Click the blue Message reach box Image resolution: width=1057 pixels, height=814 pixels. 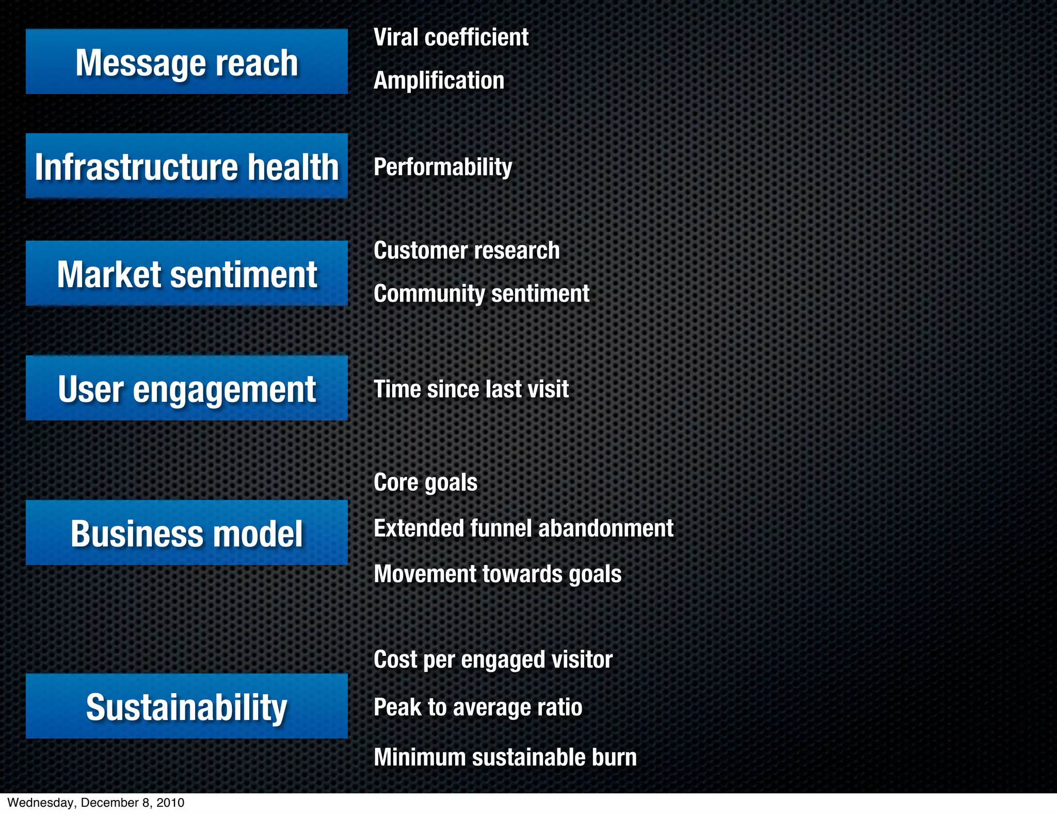tap(186, 62)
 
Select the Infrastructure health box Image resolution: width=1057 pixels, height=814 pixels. tap(186, 166)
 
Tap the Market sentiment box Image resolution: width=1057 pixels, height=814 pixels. tap(186, 274)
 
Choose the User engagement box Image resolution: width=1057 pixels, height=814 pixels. tap(186, 388)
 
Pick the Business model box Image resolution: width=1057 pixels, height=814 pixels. tap(186, 533)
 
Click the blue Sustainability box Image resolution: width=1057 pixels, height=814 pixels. tap(186, 707)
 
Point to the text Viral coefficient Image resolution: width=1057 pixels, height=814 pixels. tap(451, 37)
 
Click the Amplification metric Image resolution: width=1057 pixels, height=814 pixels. tap(439, 81)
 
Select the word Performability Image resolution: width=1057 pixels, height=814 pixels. tap(443, 167)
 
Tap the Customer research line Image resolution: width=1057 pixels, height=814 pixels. tap(467, 251)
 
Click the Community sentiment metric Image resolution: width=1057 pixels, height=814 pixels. tap(481, 293)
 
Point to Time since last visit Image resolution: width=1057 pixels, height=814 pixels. tap(471, 389)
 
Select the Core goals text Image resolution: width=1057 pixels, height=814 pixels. tap(425, 482)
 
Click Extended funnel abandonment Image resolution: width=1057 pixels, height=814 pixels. tap(523, 528)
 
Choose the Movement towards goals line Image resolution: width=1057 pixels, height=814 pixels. tap(498, 574)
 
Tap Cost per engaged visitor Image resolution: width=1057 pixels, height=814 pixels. tap(493, 660)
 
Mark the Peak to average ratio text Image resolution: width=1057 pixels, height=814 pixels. tap(478, 707)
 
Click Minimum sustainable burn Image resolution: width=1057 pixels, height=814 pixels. tap(505, 757)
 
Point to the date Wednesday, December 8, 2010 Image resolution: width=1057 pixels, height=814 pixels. tap(96, 803)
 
